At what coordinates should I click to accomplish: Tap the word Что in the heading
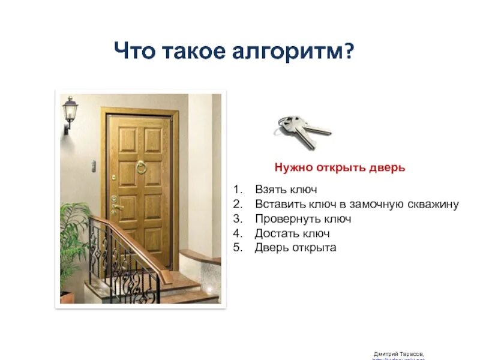pos(135,52)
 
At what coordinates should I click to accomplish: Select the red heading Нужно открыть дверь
pos(340,167)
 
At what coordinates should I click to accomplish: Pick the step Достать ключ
pos(292,233)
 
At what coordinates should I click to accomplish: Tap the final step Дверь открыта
pos(295,247)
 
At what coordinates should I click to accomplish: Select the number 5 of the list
pos(237,247)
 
